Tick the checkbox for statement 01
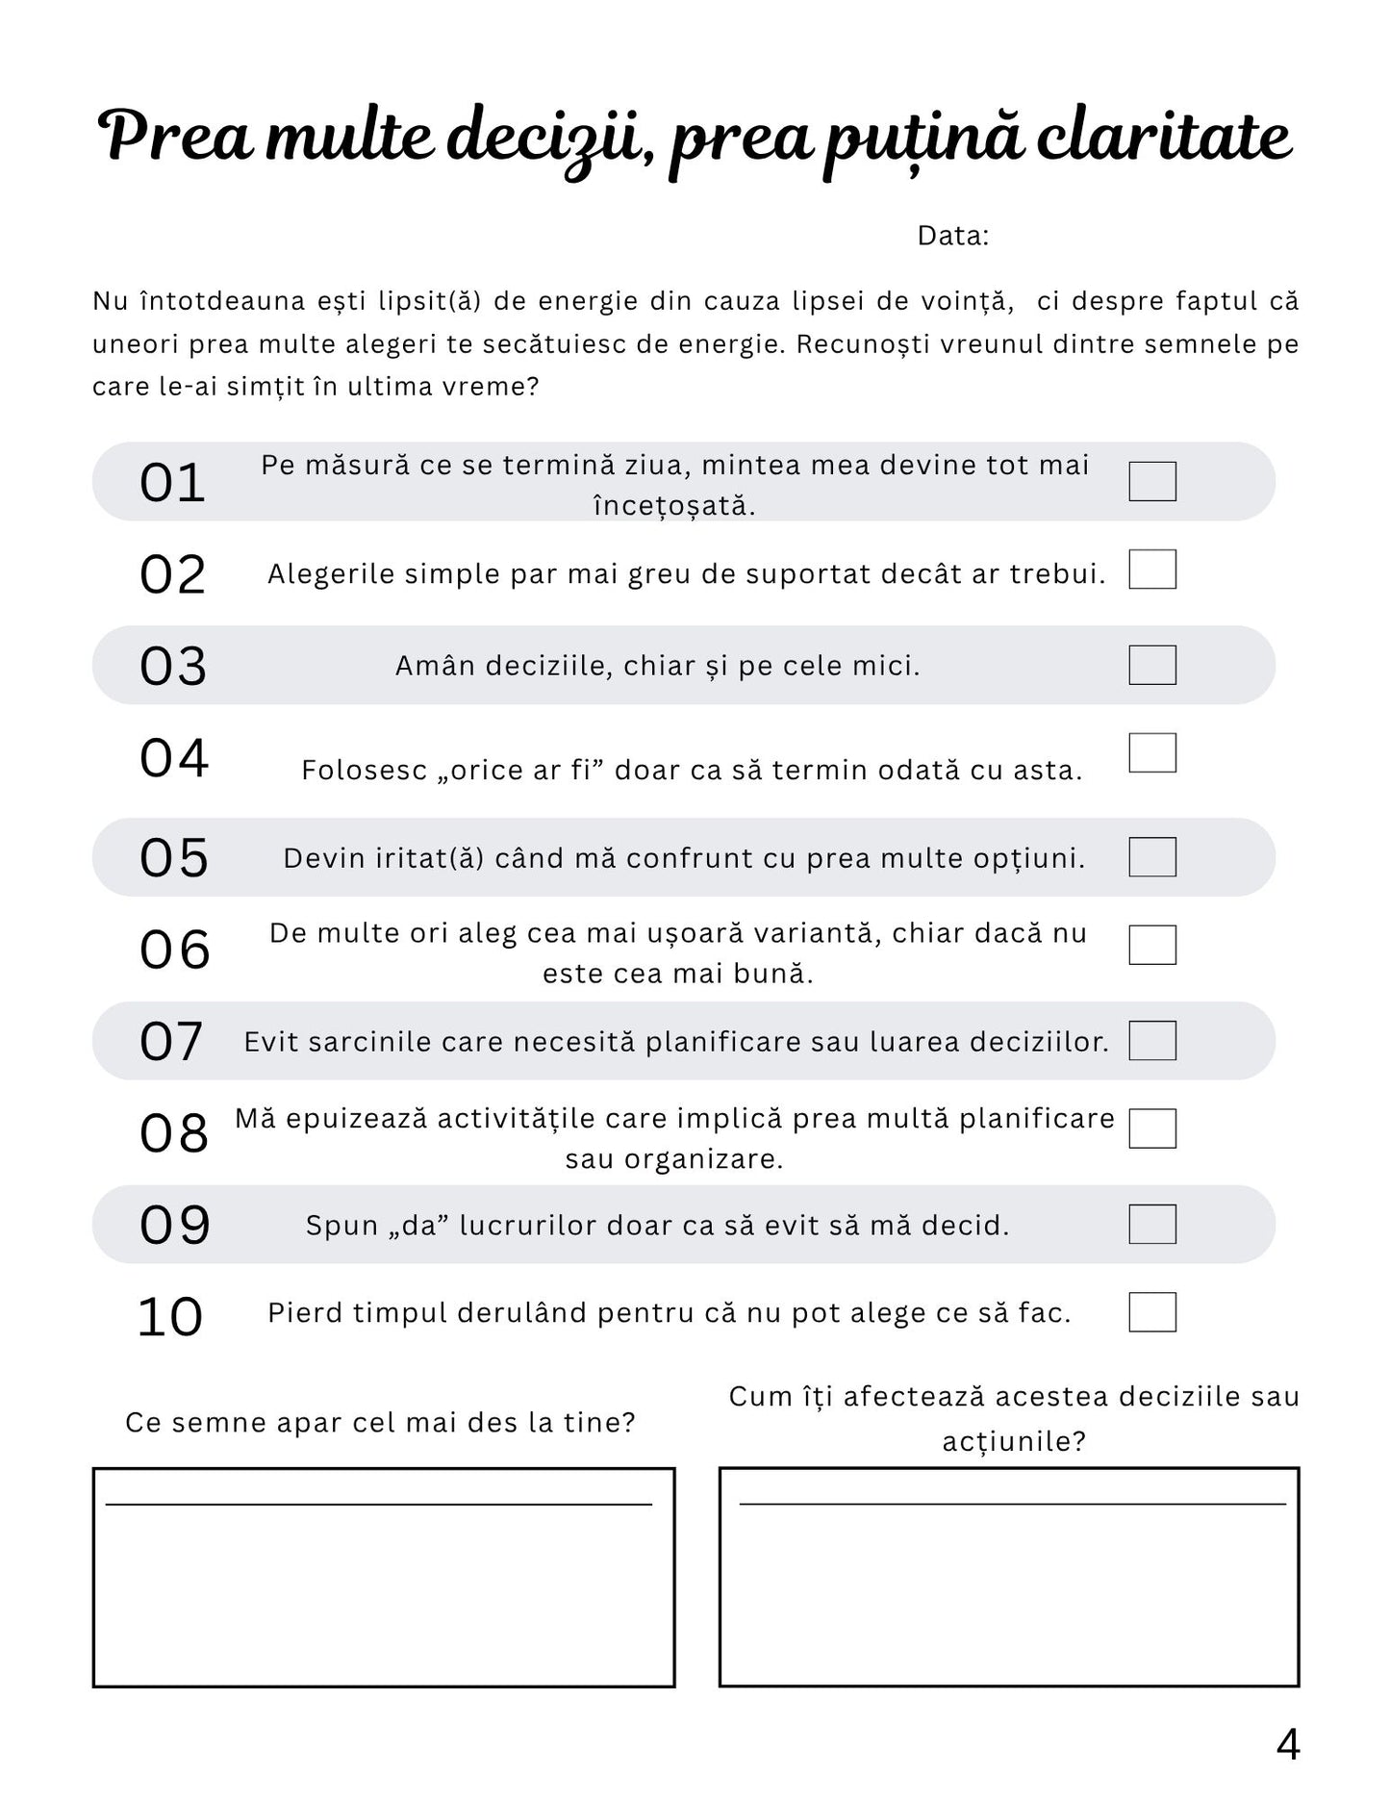tap(1151, 481)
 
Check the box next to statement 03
tap(1151, 665)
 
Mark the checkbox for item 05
tap(1151, 856)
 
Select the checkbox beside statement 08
tap(1151, 1128)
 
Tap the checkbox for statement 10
tap(1151, 1312)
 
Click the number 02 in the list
tap(173, 575)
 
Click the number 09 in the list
tap(174, 1226)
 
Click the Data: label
tap(952, 236)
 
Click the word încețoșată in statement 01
tap(673, 506)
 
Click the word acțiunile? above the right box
tap(1014, 1441)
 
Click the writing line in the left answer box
tap(379, 1504)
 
